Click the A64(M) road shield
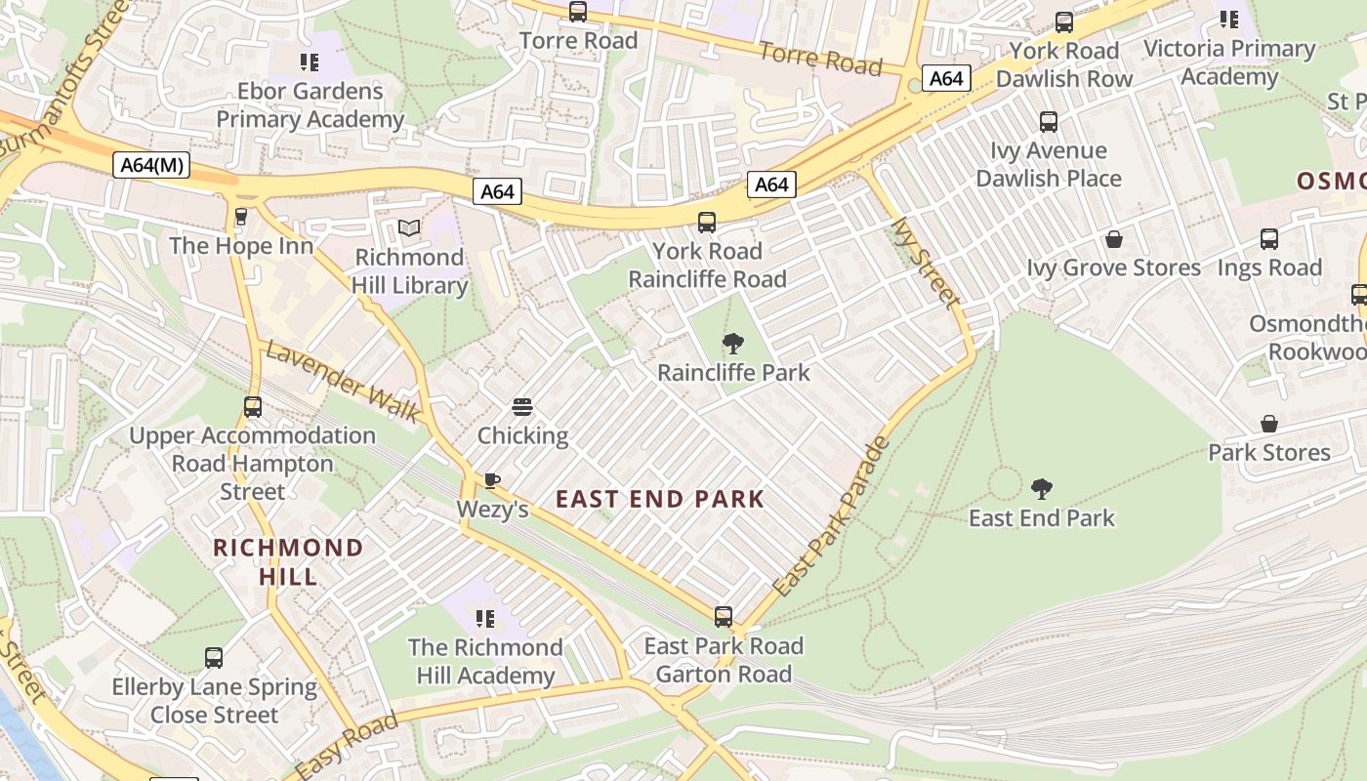pos(150,165)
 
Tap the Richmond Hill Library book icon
pos(409,228)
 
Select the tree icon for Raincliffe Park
pos(733,344)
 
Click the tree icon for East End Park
pos(1041,488)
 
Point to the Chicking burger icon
pos(522,407)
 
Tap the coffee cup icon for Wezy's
pos(492,480)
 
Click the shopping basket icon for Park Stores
pos(1268,424)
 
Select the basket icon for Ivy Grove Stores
pos(1113,239)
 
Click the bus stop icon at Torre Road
pos(578,12)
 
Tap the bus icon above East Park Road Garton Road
pos(723,617)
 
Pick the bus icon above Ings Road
pos(1268,239)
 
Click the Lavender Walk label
pos(344,382)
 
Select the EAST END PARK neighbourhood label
pos(660,499)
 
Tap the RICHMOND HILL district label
pos(288,561)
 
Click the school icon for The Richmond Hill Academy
pos(484,618)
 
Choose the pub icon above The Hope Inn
pos(241,217)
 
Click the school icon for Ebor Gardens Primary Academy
pos(310,62)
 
